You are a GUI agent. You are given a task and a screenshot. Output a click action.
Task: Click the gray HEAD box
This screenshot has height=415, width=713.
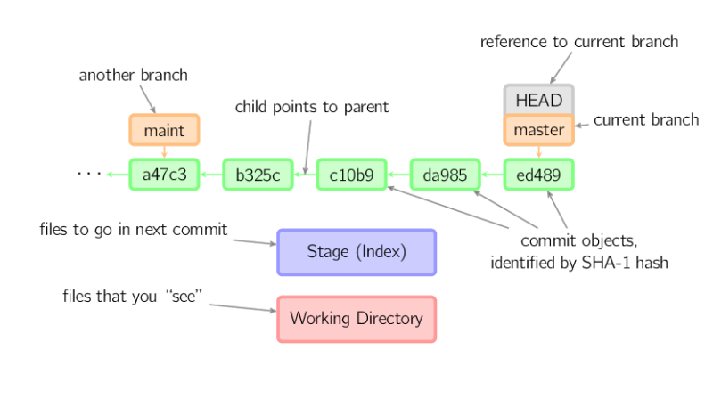[x=539, y=100]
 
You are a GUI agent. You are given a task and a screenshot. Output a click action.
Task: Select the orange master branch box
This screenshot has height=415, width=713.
[x=539, y=130]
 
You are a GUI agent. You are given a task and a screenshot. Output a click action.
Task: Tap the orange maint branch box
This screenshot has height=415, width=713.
[x=164, y=130]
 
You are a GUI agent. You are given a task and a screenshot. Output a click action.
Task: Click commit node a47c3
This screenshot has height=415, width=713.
[x=164, y=175]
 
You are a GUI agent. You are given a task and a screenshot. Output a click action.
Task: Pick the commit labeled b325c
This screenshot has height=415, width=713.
[x=258, y=175]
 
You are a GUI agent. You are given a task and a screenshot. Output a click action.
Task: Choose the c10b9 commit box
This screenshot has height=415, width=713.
[x=351, y=175]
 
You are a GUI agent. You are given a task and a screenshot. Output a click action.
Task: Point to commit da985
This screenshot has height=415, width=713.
[x=445, y=175]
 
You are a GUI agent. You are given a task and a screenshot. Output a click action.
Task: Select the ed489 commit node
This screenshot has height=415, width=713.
[x=539, y=175]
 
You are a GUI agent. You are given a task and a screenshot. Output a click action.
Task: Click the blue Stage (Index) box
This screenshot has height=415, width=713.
[x=356, y=252]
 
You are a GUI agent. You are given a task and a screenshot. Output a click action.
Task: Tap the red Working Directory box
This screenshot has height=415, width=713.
[x=356, y=319]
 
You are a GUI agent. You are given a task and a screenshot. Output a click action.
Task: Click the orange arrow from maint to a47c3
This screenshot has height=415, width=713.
[x=164, y=152]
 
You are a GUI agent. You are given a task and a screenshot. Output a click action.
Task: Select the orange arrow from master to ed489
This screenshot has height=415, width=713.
[x=539, y=152]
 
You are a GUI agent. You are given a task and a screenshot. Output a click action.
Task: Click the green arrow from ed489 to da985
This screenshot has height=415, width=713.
[x=492, y=175]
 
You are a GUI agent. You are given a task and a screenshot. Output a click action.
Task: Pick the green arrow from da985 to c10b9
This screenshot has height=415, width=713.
[x=398, y=175]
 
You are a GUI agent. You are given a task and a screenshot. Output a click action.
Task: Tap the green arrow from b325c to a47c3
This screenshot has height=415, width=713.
[x=210, y=175]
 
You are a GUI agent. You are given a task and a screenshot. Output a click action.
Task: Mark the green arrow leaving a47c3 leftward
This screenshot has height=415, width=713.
[x=117, y=175]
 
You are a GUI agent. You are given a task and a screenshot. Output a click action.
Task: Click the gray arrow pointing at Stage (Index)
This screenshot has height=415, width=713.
[x=254, y=241]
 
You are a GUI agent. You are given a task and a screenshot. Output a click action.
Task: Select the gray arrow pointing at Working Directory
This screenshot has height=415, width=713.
[x=242, y=307]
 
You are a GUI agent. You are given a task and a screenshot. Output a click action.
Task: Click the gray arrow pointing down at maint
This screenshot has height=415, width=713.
[x=148, y=99]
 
